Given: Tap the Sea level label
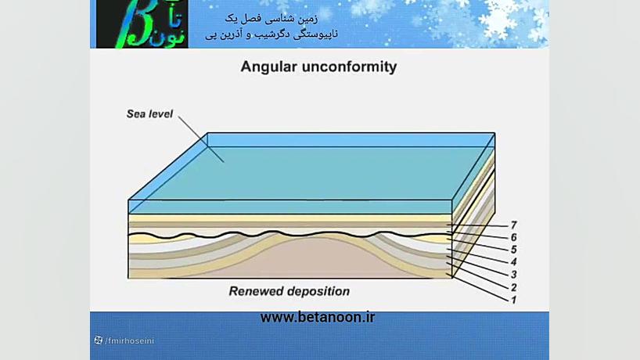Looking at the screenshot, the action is point(149,114).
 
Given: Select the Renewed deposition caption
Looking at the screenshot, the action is point(289,291).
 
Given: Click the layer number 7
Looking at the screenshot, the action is point(514,225).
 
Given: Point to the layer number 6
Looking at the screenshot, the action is point(514,237).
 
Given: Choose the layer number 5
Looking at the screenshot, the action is point(514,250).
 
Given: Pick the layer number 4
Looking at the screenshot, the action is point(514,261).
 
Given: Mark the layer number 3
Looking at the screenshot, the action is point(514,274).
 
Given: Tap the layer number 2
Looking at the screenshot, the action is point(514,287).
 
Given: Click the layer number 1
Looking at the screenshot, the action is point(514,300).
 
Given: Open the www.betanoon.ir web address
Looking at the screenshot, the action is point(318,317).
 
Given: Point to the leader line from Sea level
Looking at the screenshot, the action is point(201,139).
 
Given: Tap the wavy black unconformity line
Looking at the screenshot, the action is point(289,234).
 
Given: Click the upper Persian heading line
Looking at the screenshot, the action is point(271,18).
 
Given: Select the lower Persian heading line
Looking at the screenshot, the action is point(271,34).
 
